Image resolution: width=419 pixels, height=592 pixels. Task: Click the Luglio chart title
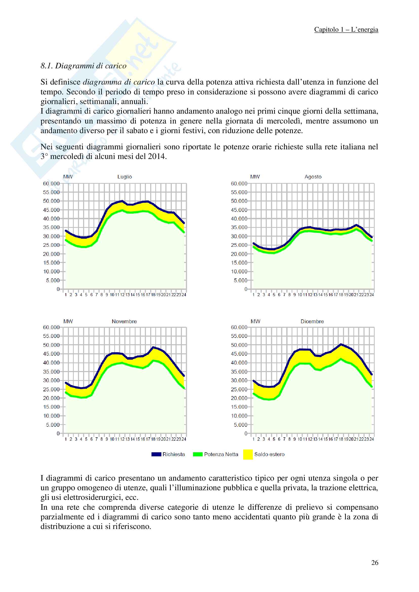[124, 177]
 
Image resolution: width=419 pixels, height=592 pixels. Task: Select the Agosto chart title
[313, 177]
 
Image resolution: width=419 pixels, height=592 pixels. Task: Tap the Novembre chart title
[124, 321]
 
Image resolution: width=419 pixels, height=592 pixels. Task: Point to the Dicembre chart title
[312, 321]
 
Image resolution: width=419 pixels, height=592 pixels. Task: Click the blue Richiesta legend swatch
[156, 454]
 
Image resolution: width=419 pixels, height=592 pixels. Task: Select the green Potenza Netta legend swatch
[198, 454]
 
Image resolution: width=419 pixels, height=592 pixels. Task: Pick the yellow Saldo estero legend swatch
[248, 454]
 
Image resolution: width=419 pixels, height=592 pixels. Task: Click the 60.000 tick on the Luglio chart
[51, 183]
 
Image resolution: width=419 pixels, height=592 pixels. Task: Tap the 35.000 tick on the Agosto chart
[239, 228]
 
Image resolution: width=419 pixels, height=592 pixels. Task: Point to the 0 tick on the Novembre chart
[58, 433]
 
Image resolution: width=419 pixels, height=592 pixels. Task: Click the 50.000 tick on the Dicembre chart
[239, 345]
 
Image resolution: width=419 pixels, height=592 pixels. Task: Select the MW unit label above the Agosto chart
[255, 177]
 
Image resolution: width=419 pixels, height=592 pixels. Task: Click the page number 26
[375, 563]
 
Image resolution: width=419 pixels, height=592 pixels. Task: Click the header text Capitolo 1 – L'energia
[346, 30]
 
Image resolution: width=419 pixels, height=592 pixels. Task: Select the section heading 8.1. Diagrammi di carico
[83, 66]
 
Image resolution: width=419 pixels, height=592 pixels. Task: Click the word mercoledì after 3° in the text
[67, 156]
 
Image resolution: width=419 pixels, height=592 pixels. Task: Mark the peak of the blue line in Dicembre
[341, 344]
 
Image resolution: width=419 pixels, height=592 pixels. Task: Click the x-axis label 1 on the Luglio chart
[66, 295]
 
